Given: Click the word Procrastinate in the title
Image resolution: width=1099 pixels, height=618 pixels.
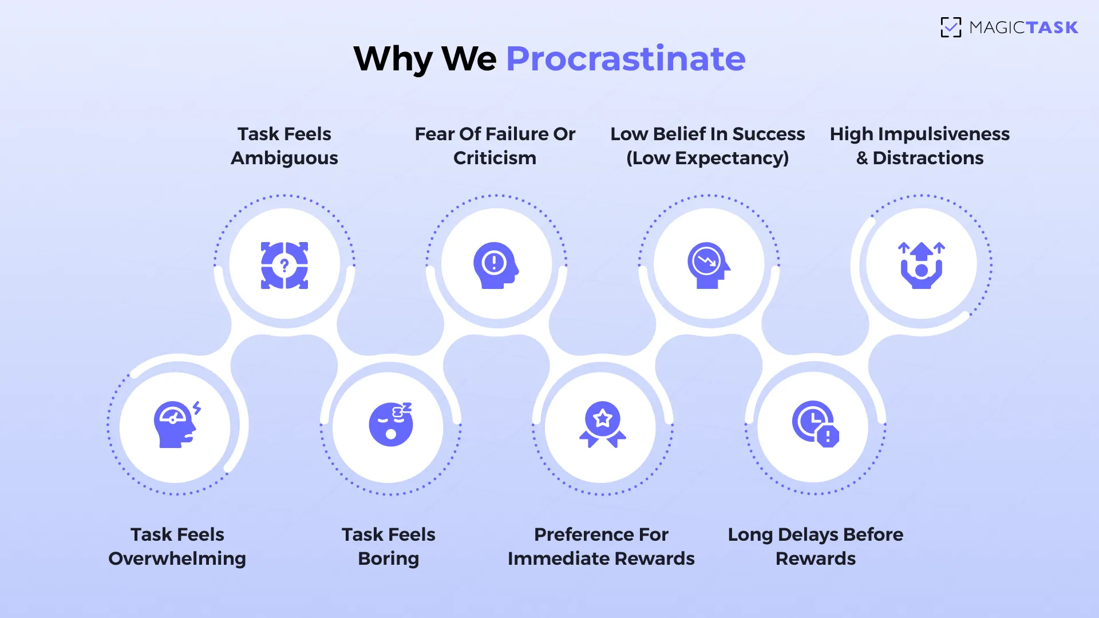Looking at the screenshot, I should coord(626,58).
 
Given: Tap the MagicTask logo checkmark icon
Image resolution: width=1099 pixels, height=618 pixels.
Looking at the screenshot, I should coord(951,27).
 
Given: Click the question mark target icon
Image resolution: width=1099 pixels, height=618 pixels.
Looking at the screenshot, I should coord(284,265).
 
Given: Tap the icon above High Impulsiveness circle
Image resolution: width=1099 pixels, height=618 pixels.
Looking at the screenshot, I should coord(921,265).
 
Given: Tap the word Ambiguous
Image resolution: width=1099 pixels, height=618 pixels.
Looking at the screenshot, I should coord(284,158).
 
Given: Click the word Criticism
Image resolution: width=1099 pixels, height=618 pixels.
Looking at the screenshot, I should coord(495,158).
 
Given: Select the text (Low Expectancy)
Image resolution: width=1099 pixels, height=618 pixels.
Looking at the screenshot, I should coord(707,158).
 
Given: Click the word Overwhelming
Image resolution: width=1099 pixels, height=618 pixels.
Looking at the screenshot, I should coord(177,558).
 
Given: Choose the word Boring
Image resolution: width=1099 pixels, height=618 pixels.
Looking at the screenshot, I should coord(389,558).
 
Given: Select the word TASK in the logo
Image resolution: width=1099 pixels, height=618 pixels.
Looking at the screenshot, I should coord(1051,27).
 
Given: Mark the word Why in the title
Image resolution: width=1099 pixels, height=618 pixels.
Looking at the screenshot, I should coord(393,58).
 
